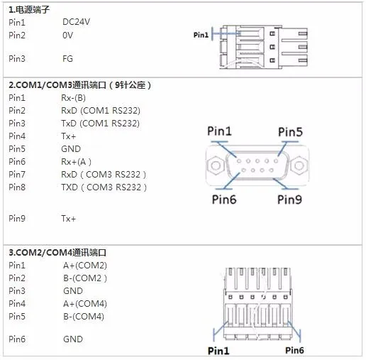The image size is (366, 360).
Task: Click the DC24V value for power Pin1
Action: point(76,22)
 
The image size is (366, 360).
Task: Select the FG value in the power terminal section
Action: point(67,59)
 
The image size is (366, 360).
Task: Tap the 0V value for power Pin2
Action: point(67,36)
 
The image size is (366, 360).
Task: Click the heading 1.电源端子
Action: point(29,10)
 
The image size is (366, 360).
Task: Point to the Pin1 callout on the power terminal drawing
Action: point(201,35)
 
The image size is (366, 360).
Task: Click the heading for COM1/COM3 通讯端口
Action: point(79,85)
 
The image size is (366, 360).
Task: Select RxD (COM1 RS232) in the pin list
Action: point(101,111)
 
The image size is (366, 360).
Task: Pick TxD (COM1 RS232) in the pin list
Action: point(100,124)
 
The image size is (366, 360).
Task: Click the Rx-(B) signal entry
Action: point(73,98)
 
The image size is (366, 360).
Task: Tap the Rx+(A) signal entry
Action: point(76,162)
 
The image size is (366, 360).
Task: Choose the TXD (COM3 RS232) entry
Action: point(104,187)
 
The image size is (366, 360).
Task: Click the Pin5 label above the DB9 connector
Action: point(290,132)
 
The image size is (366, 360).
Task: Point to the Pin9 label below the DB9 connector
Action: point(289,200)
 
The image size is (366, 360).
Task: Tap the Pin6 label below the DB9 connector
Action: point(224,200)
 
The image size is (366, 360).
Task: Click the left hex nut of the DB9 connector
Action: point(216,165)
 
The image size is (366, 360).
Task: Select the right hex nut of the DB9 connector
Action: point(299,165)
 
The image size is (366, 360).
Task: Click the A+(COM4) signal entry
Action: point(85,304)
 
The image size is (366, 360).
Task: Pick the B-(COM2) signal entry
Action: point(85,278)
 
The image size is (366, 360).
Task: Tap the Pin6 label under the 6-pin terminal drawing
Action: point(294,350)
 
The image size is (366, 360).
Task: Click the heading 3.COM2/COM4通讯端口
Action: point(57,253)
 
